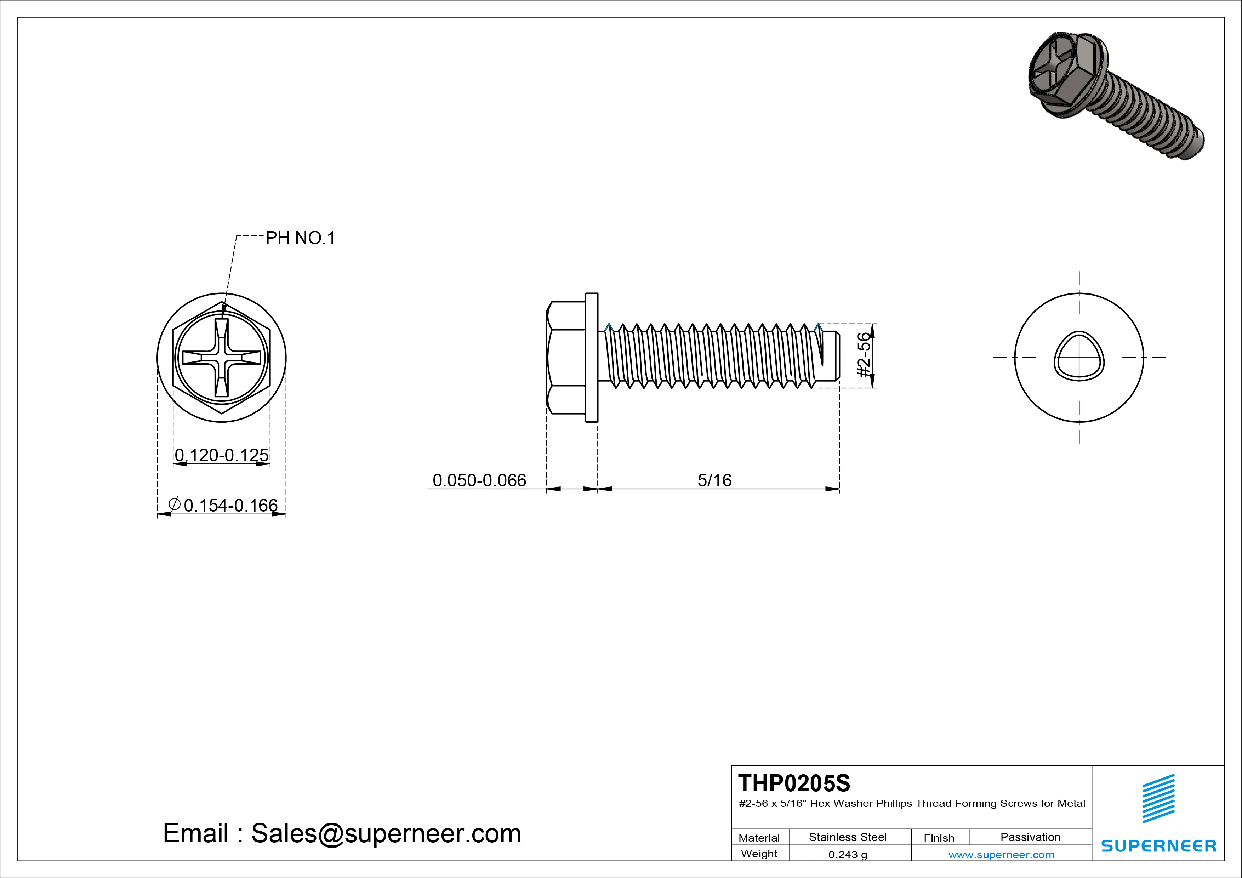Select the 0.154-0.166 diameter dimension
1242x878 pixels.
tap(230, 505)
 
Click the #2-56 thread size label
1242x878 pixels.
tap(865, 355)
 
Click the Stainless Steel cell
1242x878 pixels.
tap(848, 837)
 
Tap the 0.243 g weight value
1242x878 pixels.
tap(848, 855)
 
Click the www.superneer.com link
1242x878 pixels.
tap(1001, 855)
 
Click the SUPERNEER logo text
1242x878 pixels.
tap(1159, 845)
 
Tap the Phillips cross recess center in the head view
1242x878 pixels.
tap(222, 358)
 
